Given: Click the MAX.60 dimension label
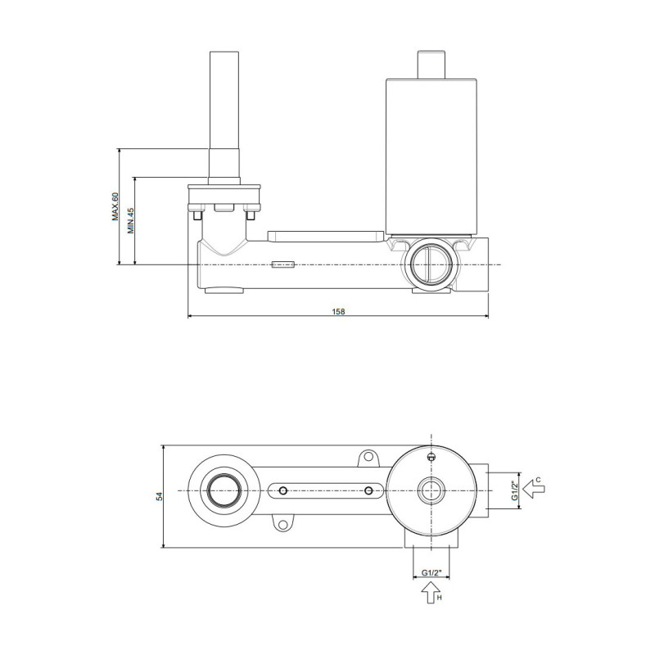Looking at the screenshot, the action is pos(115,206).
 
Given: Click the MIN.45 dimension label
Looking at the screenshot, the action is pos(131,220).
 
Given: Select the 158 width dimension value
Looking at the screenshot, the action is pos(338,311).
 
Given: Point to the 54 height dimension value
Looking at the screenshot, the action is pos(159,496).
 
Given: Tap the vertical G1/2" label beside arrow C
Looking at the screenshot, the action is pos(515,490).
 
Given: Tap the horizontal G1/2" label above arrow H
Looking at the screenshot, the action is pos(431,572).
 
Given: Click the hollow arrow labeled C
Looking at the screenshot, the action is pos(534,489).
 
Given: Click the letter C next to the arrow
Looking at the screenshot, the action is pos(539,480).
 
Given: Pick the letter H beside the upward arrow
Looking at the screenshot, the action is pos(439,598).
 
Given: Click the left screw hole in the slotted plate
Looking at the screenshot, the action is pos(283,490).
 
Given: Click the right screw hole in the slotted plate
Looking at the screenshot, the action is pos(368,490).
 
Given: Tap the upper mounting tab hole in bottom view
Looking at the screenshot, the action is pos(368,457).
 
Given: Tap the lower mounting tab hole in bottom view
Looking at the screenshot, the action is pos(283,524).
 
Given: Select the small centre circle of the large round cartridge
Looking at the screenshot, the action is pos(431,490).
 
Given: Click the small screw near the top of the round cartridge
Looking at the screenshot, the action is pos(431,458).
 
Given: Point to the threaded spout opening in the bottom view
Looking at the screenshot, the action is pos(224,490).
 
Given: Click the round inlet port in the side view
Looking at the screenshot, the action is pos(431,264).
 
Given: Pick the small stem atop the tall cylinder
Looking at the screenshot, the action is pos(431,65).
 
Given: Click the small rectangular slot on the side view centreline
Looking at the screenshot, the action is pos(283,264).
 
